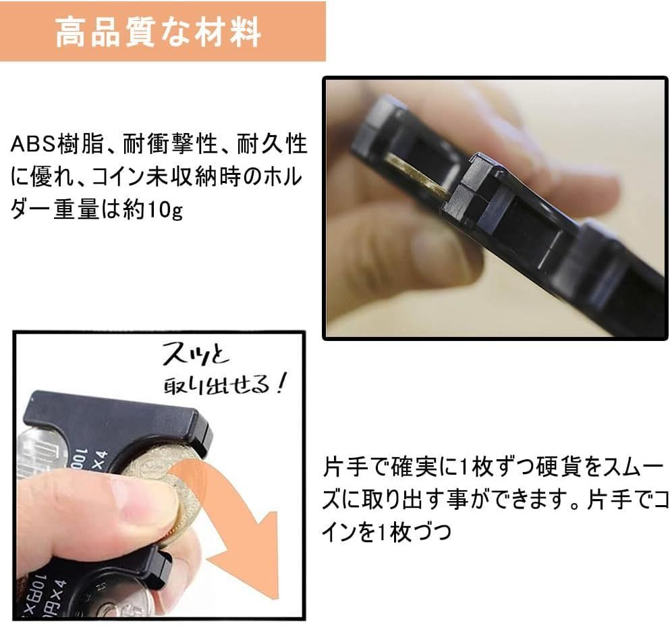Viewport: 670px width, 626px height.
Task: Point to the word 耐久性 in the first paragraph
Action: pyautogui.click(x=274, y=145)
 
